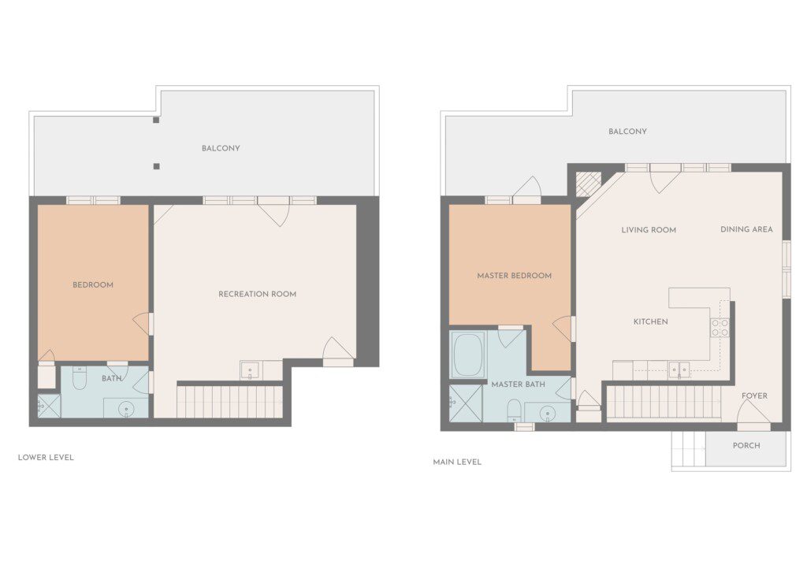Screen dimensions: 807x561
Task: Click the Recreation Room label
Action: pyautogui.click(x=258, y=295)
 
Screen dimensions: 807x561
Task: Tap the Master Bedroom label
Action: pyautogui.click(x=514, y=276)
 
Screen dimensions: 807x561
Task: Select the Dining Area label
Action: pyautogui.click(x=746, y=229)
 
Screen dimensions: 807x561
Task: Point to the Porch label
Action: pyautogui.click(x=746, y=446)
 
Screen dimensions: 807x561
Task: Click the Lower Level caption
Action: pyautogui.click(x=46, y=457)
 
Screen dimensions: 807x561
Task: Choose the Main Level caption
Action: pyautogui.click(x=457, y=463)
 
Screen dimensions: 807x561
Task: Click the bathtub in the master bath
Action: pyautogui.click(x=468, y=355)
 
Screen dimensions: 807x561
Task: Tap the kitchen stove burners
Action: pyautogui.click(x=720, y=327)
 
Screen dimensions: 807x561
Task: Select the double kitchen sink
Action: pyautogui.click(x=679, y=370)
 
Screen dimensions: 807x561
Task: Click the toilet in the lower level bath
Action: pyautogui.click(x=80, y=378)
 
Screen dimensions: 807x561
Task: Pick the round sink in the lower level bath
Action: pyautogui.click(x=126, y=410)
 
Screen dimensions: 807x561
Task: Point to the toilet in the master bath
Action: pyautogui.click(x=515, y=411)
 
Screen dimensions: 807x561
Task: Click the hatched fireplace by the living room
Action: pyautogui.click(x=589, y=184)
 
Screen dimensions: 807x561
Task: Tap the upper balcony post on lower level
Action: pyautogui.click(x=156, y=121)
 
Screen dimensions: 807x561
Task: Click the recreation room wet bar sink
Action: pyautogui.click(x=251, y=370)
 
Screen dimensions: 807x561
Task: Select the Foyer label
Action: pyautogui.click(x=754, y=396)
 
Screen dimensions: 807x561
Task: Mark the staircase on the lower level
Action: pyautogui.click(x=229, y=402)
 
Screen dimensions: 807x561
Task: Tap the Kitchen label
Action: pyautogui.click(x=650, y=321)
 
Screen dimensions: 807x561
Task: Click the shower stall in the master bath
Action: pyautogui.click(x=465, y=403)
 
